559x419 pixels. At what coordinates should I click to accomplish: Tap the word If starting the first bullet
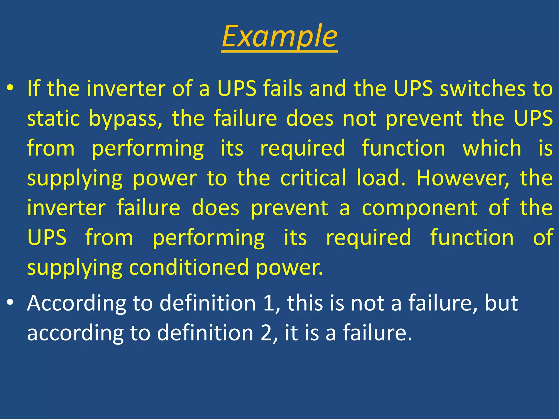coord(34,89)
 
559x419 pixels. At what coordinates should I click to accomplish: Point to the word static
coord(53,118)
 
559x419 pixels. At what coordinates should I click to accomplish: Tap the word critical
coord(313,178)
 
